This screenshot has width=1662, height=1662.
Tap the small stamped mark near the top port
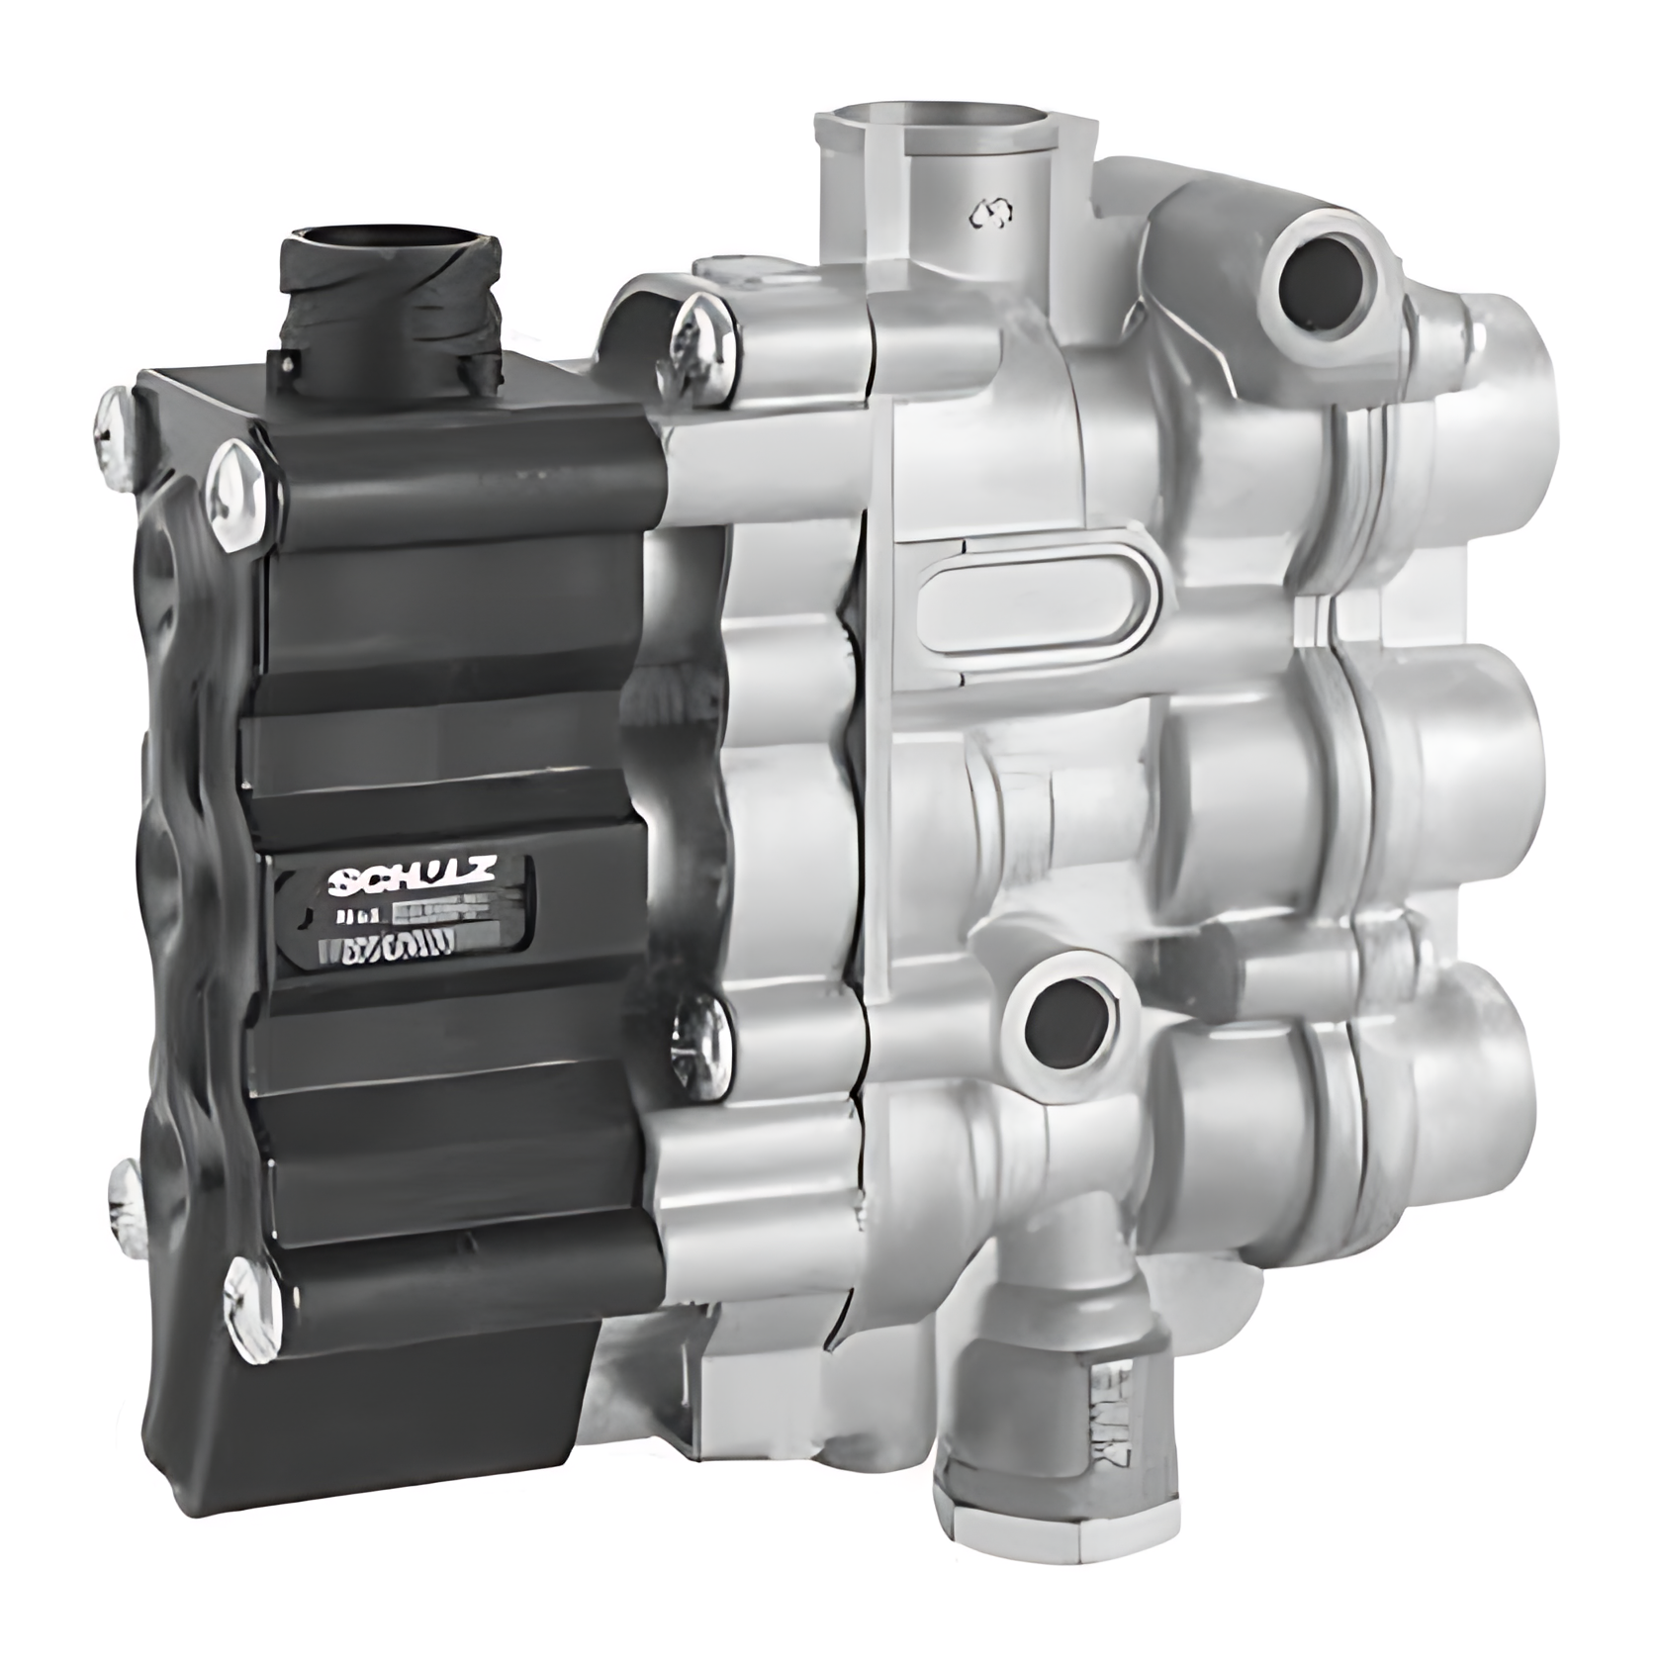coord(990,212)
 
